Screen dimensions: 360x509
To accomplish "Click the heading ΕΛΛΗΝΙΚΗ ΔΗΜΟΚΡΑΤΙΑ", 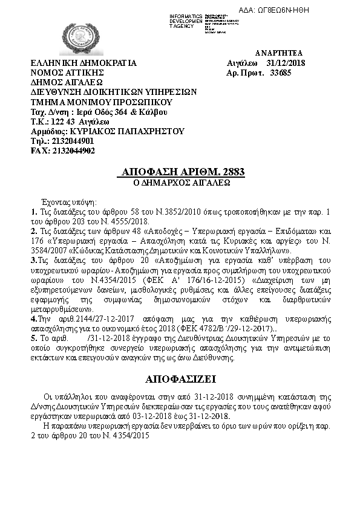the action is coord(83,63).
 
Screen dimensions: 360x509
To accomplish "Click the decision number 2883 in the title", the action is coord(232,172).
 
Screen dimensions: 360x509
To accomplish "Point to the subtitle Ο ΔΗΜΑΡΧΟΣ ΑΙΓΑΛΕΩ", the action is coord(180,181).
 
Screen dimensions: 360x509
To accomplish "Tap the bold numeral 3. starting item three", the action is coord(34,260).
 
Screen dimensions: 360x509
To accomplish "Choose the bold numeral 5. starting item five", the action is coord(34,338).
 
